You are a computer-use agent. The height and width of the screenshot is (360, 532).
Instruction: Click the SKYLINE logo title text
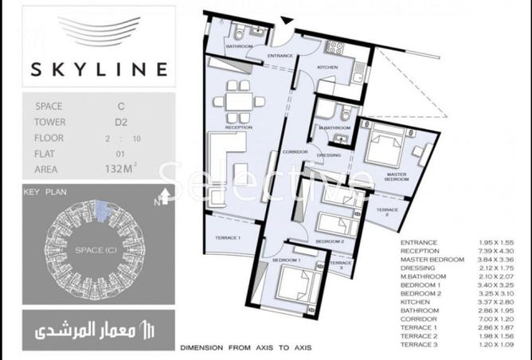[100, 69]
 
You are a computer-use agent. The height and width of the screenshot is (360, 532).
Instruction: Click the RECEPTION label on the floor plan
[238, 127]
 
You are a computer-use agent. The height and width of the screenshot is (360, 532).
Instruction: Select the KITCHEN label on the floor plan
[328, 68]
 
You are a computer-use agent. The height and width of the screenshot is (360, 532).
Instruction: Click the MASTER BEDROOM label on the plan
[397, 176]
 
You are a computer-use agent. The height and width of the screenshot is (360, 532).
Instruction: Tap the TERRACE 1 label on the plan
[228, 238]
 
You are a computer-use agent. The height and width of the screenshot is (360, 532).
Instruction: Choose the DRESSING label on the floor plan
[329, 155]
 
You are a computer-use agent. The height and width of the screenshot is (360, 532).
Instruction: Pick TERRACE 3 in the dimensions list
[419, 345]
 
